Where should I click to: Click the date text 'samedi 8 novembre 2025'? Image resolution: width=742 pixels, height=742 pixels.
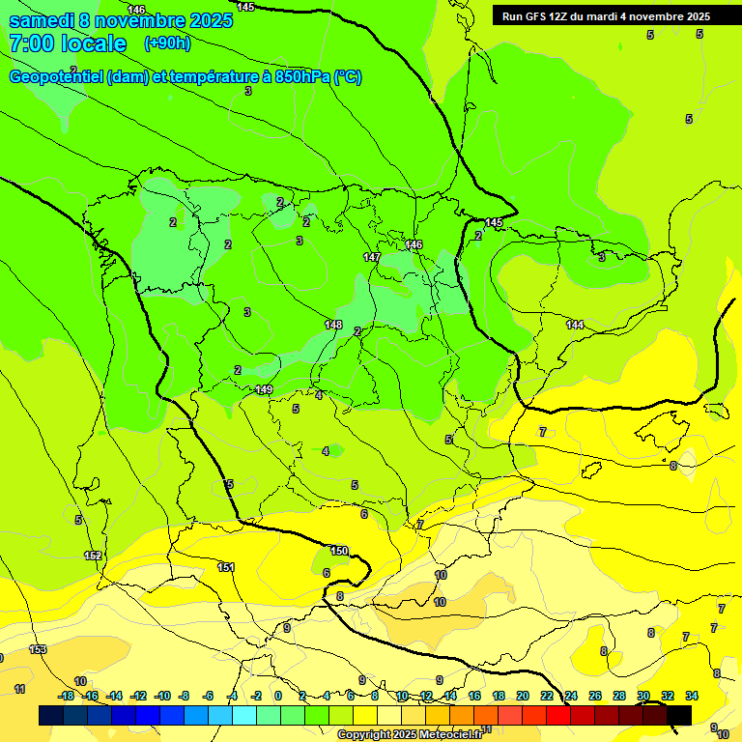[x=121, y=20]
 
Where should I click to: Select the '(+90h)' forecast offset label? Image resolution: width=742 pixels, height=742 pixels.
[x=167, y=43]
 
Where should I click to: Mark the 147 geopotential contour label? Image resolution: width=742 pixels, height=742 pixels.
[x=372, y=258]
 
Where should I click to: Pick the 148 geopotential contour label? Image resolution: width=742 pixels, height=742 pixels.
[x=334, y=325]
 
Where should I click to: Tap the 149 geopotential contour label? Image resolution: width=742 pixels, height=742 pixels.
[x=264, y=389]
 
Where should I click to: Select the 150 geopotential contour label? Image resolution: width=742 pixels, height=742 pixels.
[x=339, y=551]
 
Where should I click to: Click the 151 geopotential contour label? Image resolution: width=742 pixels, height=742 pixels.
[x=226, y=567]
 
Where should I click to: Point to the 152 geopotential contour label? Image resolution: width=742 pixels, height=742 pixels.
[x=93, y=556]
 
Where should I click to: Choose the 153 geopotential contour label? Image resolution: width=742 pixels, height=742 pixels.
[x=38, y=650]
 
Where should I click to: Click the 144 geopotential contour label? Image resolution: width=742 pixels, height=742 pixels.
[x=575, y=325]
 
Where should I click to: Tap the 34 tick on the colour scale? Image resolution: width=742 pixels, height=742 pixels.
[x=692, y=696]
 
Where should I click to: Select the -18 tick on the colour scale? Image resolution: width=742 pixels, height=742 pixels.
[x=66, y=696]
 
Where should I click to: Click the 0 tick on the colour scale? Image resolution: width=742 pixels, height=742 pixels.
[x=278, y=696]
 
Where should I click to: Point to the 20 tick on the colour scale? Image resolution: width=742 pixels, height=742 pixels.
[x=523, y=696]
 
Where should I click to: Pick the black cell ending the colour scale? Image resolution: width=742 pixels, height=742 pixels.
[x=679, y=715]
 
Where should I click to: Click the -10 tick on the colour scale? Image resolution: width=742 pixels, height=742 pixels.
[x=162, y=696]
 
